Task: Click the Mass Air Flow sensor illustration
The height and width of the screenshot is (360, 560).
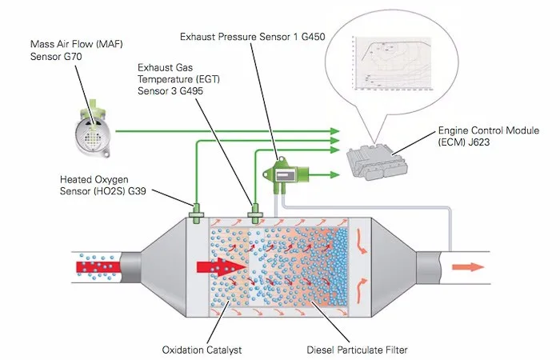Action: pos(93,127)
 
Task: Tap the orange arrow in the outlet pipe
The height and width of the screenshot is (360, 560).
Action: pos(472,266)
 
